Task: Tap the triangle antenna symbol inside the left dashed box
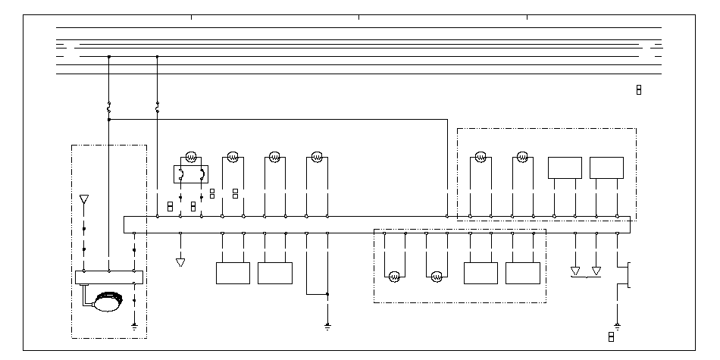(x=84, y=200)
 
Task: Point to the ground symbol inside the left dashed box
(x=134, y=327)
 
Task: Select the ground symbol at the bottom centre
(x=327, y=327)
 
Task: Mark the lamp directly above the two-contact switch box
(x=191, y=157)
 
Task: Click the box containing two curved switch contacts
(x=191, y=174)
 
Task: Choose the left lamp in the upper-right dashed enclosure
(x=481, y=158)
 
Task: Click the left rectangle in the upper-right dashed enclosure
(x=565, y=167)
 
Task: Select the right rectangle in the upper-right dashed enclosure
(x=606, y=167)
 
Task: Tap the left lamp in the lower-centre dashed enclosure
(x=395, y=277)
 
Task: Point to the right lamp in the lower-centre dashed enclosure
(x=437, y=277)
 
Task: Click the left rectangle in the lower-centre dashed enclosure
(x=481, y=273)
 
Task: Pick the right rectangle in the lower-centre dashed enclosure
(x=523, y=273)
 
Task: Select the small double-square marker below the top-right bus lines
(x=639, y=90)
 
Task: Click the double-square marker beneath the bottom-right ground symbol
(x=611, y=337)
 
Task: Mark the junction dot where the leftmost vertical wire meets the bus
(x=109, y=56)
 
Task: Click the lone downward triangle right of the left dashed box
(x=180, y=262)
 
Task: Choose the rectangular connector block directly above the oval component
(x=109, y=277)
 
